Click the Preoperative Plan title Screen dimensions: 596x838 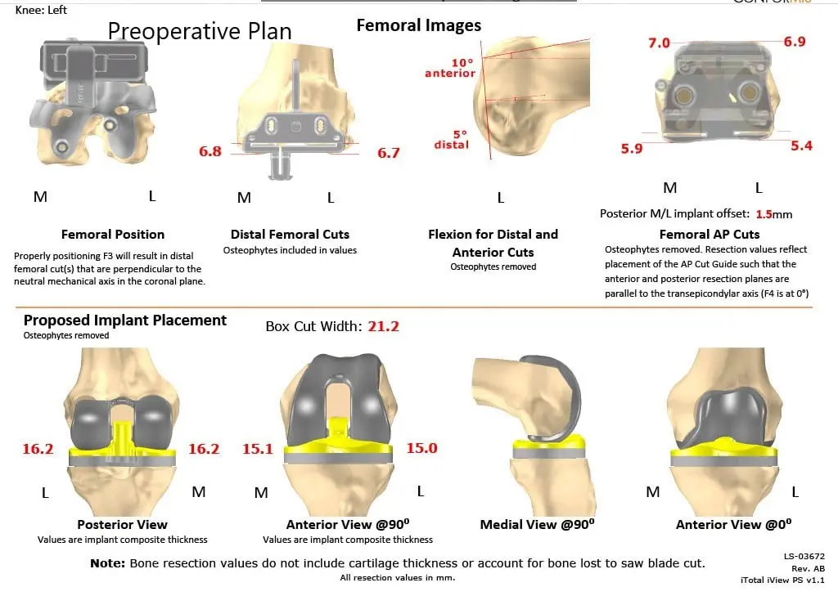200,31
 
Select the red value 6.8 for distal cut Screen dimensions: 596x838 210,151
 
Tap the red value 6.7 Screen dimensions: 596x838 388,153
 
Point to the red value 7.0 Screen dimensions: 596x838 659,43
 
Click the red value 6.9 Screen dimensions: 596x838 794,41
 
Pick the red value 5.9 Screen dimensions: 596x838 632,150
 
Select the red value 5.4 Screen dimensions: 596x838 801,146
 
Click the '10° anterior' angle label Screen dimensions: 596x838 449,68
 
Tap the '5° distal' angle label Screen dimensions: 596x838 452,140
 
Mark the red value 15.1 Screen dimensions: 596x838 258,449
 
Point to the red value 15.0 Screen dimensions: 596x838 421,448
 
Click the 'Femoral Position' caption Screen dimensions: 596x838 113,235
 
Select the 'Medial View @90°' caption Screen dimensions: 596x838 537,525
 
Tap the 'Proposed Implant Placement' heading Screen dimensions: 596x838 125,320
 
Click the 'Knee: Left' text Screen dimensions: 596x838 42,10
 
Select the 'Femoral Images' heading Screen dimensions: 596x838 419,25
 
